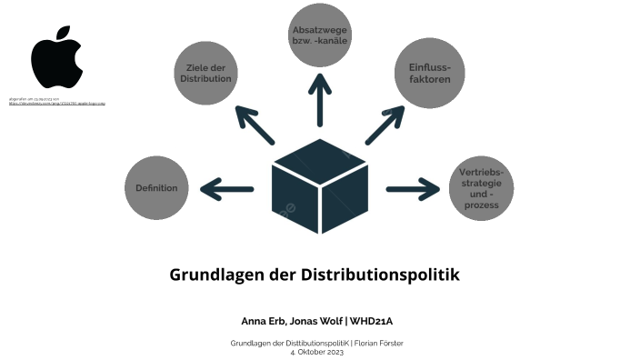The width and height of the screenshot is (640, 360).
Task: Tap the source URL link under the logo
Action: [x=56, y=104]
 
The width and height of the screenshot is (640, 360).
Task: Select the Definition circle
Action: [x=156, y=188]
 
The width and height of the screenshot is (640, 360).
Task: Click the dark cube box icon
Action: [x=319, y=185]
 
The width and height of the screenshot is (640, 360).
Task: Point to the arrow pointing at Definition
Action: [x=226, y=189]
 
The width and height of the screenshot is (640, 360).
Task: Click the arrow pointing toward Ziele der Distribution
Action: [x=255, y=125]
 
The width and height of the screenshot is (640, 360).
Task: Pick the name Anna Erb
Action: [x=262, y=321]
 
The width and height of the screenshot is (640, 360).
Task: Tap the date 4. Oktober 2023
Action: [x=317, y=352]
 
